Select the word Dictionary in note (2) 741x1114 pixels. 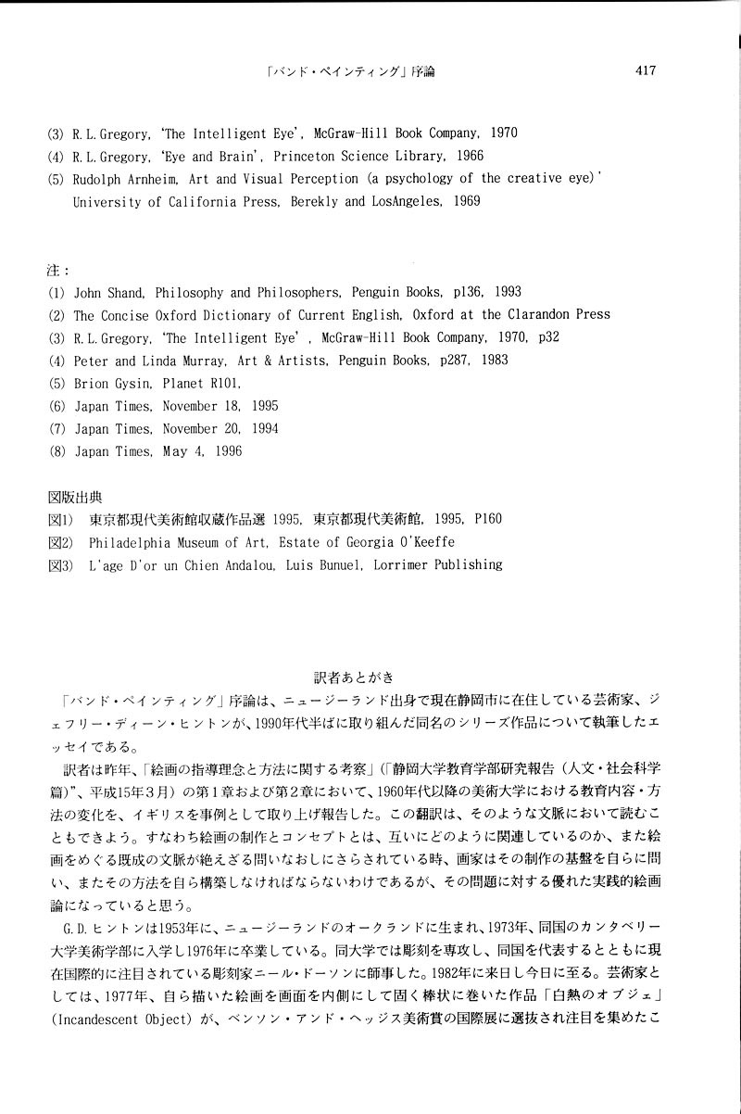click(x=256, y=314)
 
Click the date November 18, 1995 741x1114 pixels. click(x=220, y=405)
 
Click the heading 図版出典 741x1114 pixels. click(x=73, y=496)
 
